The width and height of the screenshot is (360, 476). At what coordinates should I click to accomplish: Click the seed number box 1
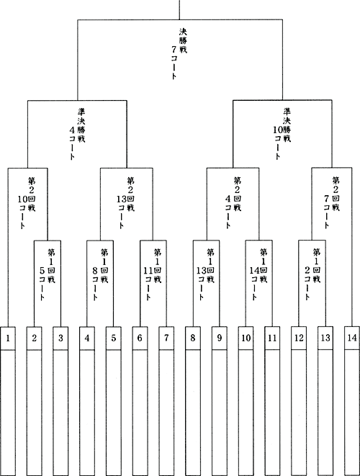pyautogui.click(x=8, y=338)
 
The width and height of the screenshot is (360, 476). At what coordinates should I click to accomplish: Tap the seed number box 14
pyautogui.click(x=352, y=338)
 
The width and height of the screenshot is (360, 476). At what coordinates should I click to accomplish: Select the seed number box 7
pyautogui.click(x=166, y=338)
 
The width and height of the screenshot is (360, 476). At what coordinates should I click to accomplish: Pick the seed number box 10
pyautogui.click(x=246, y=338)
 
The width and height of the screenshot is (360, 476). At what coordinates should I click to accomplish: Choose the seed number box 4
pyautogui.click(x=87, y=338)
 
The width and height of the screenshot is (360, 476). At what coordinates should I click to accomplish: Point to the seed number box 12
pyautogui.click(x=299, y=338)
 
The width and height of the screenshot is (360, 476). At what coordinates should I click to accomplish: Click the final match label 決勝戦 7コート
pyautogui.click(x=179, y=53)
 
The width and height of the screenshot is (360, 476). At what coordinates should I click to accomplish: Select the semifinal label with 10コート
pyautogui.click(x=282, y=133)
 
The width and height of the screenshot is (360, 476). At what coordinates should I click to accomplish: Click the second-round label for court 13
pyautogui.click(x=126, y=203)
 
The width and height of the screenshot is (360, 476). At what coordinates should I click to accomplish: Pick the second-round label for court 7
pyautogui.click(x=331, y=202)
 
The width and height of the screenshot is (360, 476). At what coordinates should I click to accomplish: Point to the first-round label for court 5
pyautogui.click(x=48, y=274)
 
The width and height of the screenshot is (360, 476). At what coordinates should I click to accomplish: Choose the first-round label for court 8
pyautogui.click(x=100, y=274)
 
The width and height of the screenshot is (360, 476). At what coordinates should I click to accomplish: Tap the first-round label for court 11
pyautogui.click(x=153, y=274)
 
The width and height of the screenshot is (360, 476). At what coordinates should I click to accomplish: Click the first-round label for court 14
pyautogui.click(x=258, y=274)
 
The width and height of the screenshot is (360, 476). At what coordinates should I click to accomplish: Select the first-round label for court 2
pyautogui.click(x=312, y=274)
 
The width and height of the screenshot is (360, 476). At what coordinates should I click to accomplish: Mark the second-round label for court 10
pyautogui.click(x=27, y=203)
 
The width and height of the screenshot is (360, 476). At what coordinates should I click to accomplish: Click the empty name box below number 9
pyautogui.click(x=219, y=413)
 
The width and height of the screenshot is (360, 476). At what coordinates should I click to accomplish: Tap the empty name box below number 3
pyautogui.click(x=60, y=413)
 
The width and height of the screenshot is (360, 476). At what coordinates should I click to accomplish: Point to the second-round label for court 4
pyautogui.click(x=233, y=202)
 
